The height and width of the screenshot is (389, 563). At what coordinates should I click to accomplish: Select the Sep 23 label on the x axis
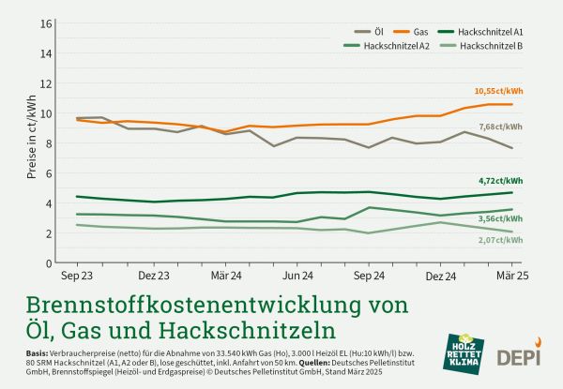(x=77, y=278)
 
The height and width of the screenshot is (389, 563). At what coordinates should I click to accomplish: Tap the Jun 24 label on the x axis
(x=297, y=278)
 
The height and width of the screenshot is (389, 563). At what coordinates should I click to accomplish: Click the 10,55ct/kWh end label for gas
(x=497, y=92)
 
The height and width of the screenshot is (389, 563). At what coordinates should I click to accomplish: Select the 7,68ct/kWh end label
(x=501, y=125)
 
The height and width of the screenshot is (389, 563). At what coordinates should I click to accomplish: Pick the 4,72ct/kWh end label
(x=501, y=181)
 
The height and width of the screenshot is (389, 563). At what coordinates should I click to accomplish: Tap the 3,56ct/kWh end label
(x=501, y=217)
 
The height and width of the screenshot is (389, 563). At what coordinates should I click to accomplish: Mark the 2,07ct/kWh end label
(x=501, y=240)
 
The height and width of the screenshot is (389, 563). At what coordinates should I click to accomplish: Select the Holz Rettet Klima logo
(x=464, y=358)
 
